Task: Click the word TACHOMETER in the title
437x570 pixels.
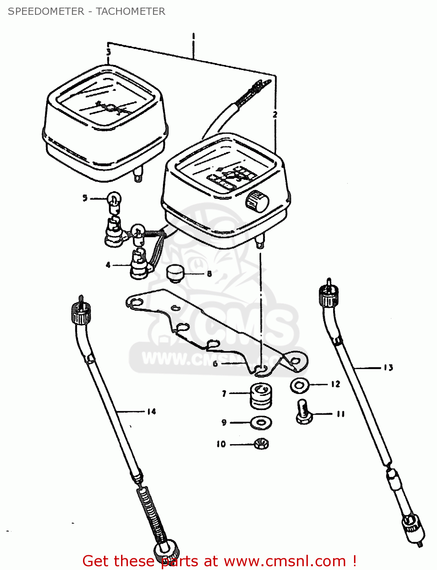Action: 130,11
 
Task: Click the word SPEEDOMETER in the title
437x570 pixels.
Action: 46,11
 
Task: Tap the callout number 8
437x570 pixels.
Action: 209,274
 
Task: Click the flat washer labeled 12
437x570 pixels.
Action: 300,386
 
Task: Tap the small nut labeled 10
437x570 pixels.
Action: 261,443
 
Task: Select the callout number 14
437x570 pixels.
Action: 152,411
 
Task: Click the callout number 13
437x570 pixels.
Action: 388,367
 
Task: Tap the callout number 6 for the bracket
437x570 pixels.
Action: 215,364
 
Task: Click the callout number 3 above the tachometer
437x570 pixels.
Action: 108,52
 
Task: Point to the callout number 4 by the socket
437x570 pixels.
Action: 108,265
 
